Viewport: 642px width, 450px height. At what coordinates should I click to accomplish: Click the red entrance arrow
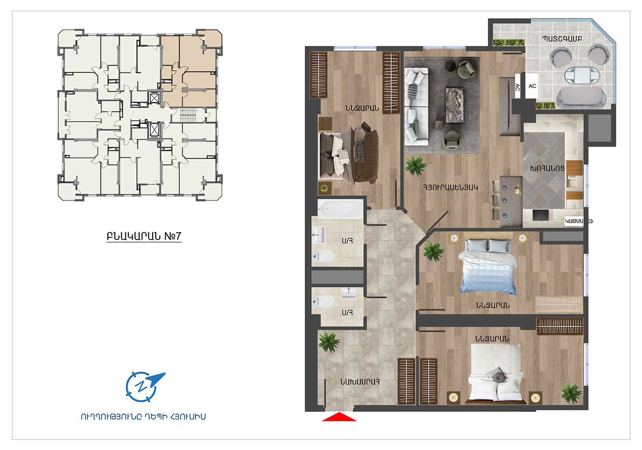(x=339, y=417)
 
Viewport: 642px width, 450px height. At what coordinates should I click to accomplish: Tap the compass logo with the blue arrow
(x=144, y=387)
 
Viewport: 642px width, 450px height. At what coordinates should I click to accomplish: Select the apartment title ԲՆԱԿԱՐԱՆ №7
(x=144, y=236)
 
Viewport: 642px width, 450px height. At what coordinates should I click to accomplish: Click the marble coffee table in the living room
(x=455, y=105)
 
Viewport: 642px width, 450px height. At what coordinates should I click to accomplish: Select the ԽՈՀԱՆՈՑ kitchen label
(x=547, y=168)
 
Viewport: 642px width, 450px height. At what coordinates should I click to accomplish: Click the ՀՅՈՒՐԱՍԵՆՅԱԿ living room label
(x=451, y=188)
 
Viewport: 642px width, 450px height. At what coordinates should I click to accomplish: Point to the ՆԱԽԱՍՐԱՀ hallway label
(x=360, y=382)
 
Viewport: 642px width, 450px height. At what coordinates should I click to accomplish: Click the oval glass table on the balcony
(x=582, y=75)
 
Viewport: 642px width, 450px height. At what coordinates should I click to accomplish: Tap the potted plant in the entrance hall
(x=329, y=342)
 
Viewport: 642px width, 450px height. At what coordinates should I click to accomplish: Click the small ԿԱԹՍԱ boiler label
(x=574, y=221)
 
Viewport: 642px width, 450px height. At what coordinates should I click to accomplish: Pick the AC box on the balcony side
(x=532, y=86)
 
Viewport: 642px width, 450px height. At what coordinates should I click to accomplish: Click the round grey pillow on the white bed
(x=499, y=378)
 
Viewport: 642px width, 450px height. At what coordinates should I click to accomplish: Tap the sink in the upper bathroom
(x=319, y=235)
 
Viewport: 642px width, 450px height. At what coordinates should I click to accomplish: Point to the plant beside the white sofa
(x=416, y=165)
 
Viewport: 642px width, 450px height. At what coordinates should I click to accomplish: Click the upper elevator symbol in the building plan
(x=154, y=99)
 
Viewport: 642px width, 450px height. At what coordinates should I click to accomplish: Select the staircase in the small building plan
(x=188, y=115)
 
